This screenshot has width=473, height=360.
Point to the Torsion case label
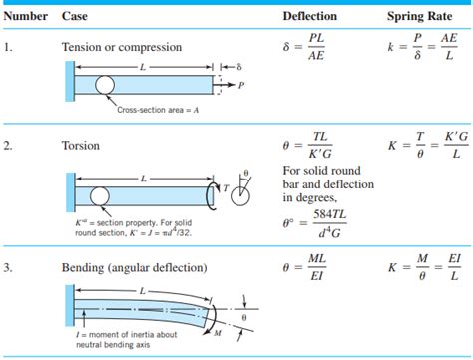(x=82, y=146)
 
